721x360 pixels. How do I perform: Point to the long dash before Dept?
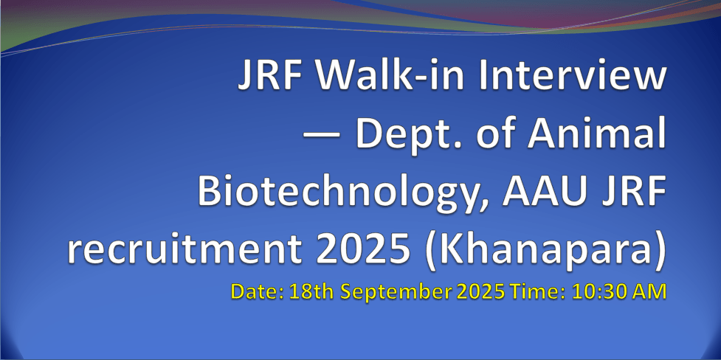click(321, 136)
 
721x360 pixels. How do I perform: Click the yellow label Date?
click(258, 292)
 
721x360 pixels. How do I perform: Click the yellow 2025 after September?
click(479, 292)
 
